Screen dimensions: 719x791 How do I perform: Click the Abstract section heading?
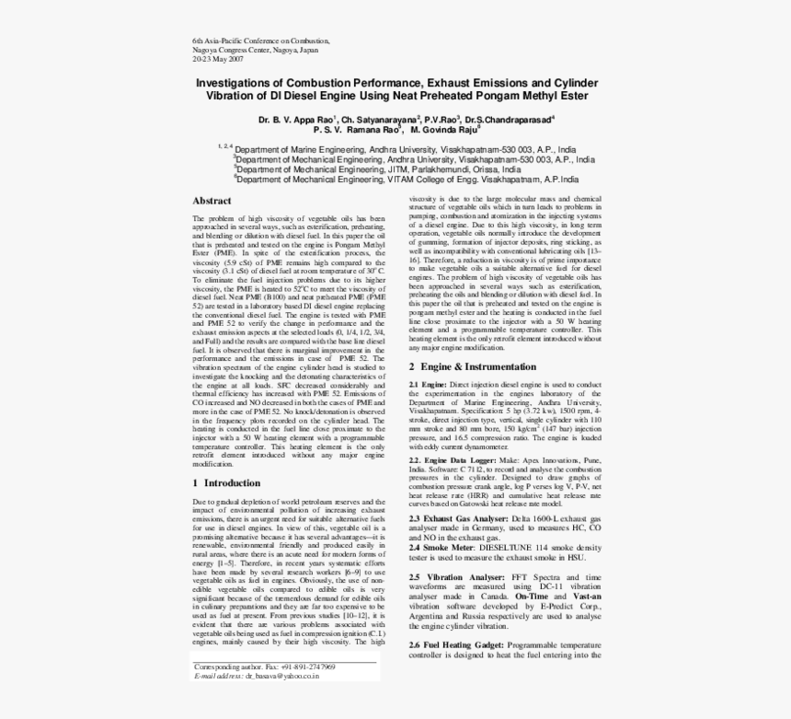212,201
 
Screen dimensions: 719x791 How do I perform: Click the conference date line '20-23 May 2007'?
218,59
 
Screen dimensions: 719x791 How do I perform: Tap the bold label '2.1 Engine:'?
428,383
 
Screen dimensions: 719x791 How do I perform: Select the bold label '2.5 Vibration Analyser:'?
454,575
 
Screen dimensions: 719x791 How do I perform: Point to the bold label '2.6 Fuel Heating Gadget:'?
456,645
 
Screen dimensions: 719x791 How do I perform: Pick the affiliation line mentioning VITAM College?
408,180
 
